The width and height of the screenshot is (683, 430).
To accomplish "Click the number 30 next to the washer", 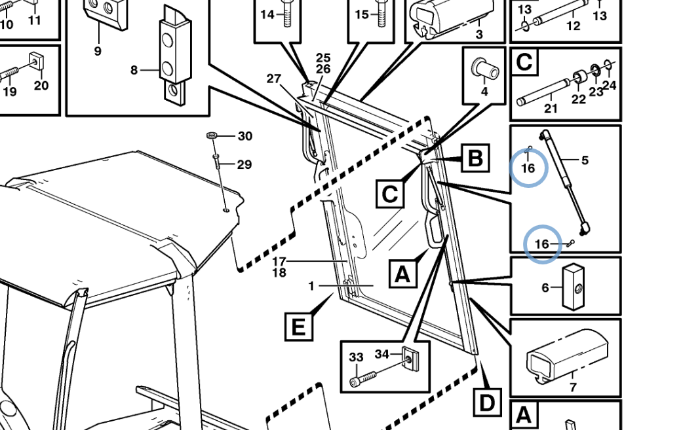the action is click(244, 136).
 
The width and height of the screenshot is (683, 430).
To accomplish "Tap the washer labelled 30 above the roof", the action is click(212, 135).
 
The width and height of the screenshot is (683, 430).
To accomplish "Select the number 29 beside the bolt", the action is click(244, 164).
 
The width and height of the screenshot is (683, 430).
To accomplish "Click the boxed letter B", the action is click(475, 158).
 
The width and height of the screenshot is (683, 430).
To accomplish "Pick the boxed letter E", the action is click(298, 327).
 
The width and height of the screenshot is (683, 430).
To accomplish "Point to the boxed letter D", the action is click(487, 403).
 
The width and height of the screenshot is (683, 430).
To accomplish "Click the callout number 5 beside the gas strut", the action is click(585, 160).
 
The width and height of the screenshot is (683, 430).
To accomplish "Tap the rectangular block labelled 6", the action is click(574, 287).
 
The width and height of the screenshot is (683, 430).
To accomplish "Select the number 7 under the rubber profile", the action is click(573, 387).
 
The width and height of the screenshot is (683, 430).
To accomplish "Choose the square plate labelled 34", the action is click(410, 359).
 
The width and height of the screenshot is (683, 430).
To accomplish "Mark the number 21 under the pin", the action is click(551, 108).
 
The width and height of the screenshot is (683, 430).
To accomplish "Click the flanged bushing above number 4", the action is click(485, 67).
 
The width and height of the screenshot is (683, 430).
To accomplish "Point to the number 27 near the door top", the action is click(273, 79).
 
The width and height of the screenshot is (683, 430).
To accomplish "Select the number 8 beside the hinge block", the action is click(134, 70).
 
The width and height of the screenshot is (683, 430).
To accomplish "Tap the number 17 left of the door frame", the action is click(279, 261).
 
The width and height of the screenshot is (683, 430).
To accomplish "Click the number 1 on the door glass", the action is click(311, 285).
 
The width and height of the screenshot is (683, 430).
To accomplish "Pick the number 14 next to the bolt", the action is click(267, 14).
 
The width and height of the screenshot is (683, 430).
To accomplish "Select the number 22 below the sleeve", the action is click(579, 99).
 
